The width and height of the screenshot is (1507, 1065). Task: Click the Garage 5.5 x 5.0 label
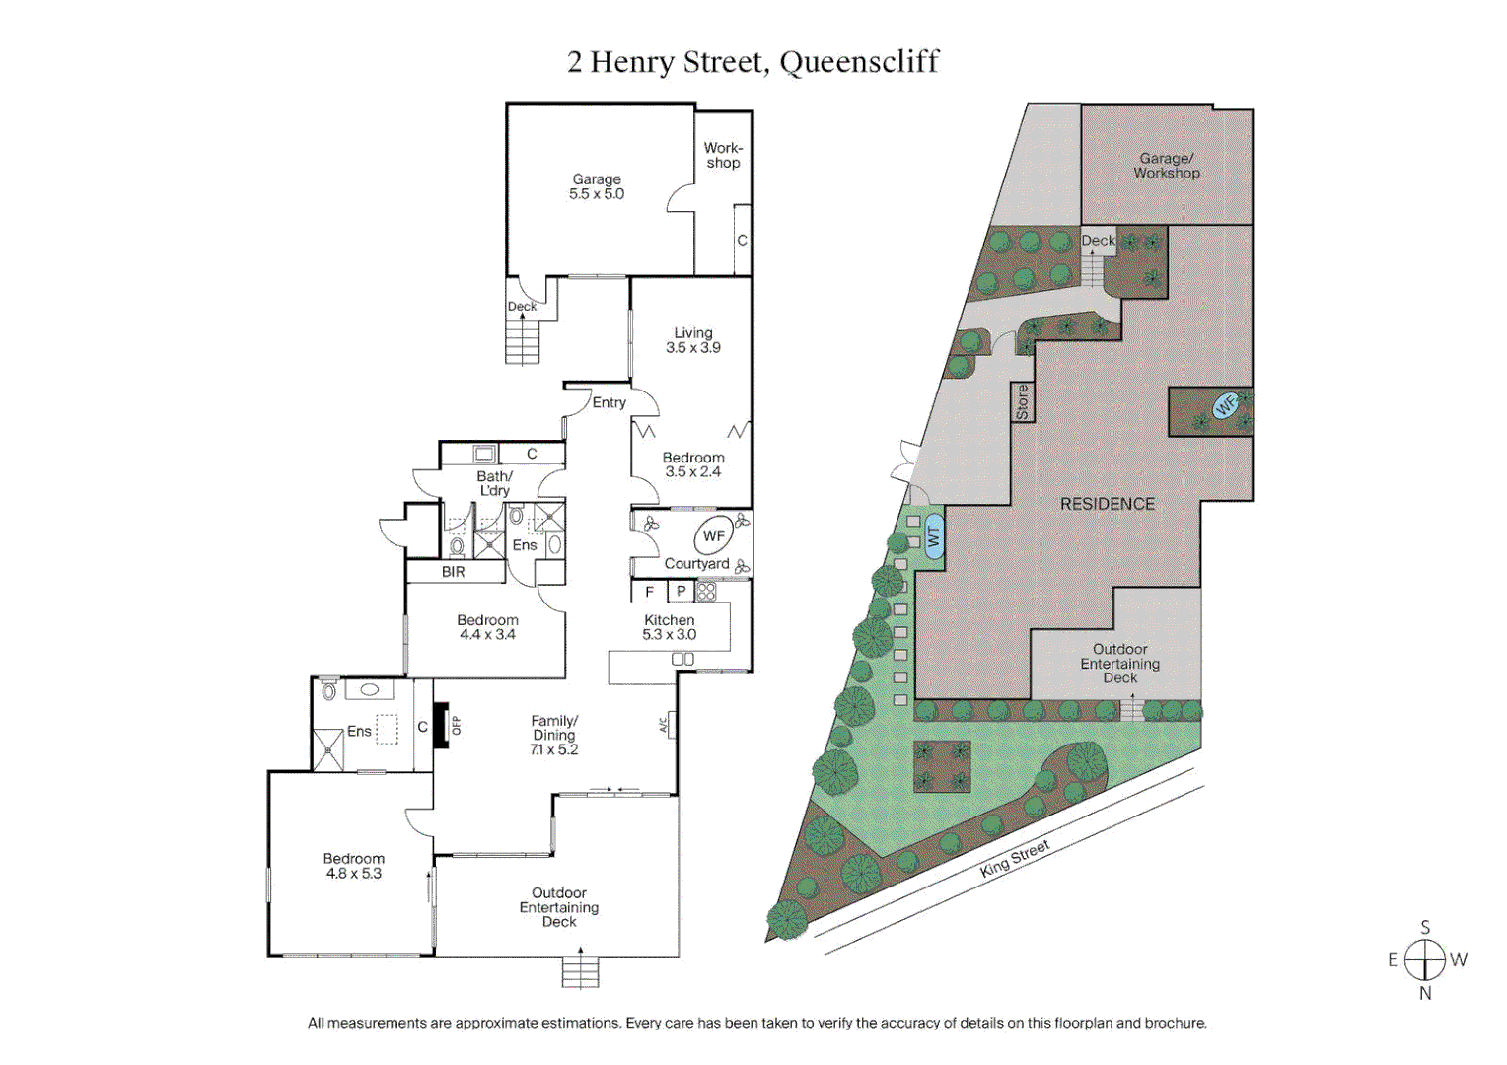tap(597, 186)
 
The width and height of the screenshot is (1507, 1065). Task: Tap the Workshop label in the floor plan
tap(723, 156)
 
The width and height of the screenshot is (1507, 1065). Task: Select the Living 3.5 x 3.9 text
tap(692, 340)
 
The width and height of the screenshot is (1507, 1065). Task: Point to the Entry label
tap(610, 402)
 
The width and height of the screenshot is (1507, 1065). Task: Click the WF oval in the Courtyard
tap(714, 536)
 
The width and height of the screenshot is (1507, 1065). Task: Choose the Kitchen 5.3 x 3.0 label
tap(670, 627)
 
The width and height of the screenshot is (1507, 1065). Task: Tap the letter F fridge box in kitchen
tap(649, 592)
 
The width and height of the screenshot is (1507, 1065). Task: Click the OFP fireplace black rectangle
tap(442, 725)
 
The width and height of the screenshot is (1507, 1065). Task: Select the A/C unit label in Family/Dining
tap(665, 725)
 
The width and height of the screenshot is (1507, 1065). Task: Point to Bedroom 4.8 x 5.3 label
tap(354, 866)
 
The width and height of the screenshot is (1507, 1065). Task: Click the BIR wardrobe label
tap(454, 572)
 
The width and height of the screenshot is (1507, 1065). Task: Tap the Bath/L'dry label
tap(495, 483)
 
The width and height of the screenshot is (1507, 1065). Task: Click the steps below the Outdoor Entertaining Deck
tap(580, 972)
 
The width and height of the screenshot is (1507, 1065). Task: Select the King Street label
tap(1015, 858)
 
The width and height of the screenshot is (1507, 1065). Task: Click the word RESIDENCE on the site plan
tap(1107, 504)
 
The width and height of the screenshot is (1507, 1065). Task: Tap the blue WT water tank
tap(933, 536)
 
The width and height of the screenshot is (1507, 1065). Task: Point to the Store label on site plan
tap(1023, 402)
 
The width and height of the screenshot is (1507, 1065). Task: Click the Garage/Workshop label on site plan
tap(1167, 166)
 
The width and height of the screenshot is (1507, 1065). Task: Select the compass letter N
tap(1425, 994)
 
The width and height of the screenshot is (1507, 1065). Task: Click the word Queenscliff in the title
tap(859, 62)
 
